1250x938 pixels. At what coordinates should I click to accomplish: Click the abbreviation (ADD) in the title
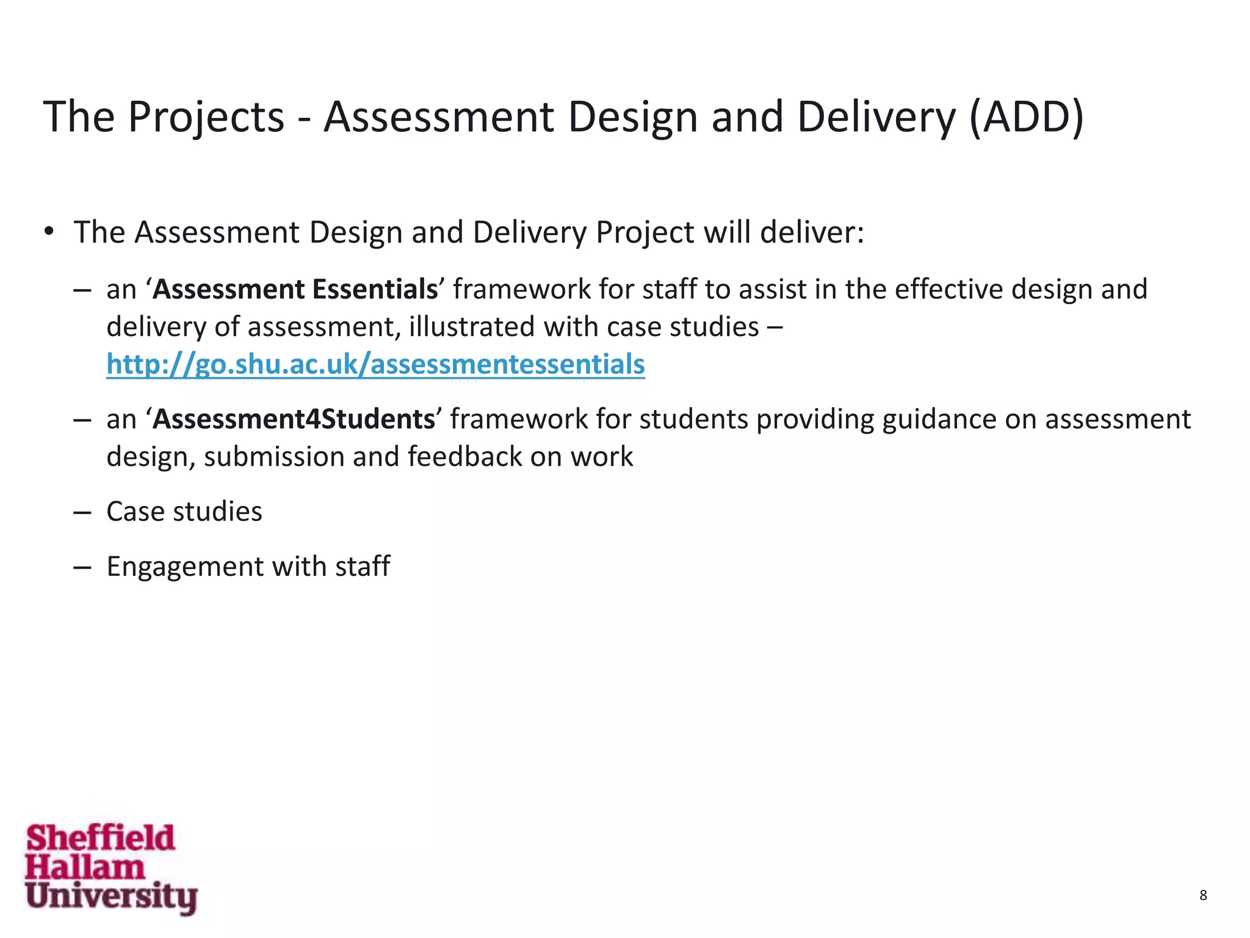point(1026,117)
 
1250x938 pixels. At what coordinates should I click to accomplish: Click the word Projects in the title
point(206,117)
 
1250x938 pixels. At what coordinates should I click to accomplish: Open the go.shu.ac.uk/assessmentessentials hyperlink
point(375,365)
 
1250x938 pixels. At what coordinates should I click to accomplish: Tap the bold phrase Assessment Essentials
point(295,289)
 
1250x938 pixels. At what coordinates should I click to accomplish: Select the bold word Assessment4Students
point(294,420)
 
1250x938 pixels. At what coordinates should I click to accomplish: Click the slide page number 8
point(1203,895)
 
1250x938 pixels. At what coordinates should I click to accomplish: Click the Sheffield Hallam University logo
point(111,868)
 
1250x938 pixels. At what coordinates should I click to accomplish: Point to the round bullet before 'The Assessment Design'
point(49,233)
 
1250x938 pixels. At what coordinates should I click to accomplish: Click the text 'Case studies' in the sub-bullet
point(184,512)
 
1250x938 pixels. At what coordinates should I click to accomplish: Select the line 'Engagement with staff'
point(248,567)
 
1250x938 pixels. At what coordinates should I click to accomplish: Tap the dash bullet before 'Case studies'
point(82,512)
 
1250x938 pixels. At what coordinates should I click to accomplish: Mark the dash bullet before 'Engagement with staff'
point(82,567)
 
